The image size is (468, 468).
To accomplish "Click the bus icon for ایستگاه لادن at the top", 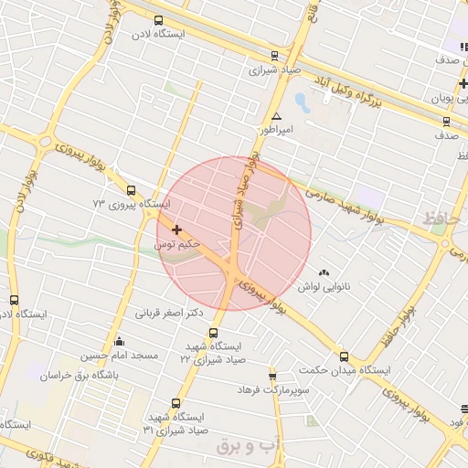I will (160, 20).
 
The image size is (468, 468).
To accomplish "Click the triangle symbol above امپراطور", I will (276, 116).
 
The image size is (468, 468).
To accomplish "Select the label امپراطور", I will (276, 131).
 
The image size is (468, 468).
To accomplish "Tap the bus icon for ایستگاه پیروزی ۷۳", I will (132, 191).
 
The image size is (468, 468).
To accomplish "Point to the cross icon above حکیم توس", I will (176, 229).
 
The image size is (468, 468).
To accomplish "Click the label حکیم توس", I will (175, 245).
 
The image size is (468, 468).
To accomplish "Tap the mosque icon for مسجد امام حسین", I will (119, 342).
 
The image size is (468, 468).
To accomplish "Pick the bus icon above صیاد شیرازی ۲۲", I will (214, 333).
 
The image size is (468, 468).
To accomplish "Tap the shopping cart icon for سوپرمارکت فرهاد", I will (272, 377).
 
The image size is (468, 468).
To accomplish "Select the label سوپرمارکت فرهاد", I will (274, 390).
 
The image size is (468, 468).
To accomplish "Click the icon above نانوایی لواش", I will (324, 272).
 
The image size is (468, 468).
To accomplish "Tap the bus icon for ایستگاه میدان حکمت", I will (344, 356).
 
